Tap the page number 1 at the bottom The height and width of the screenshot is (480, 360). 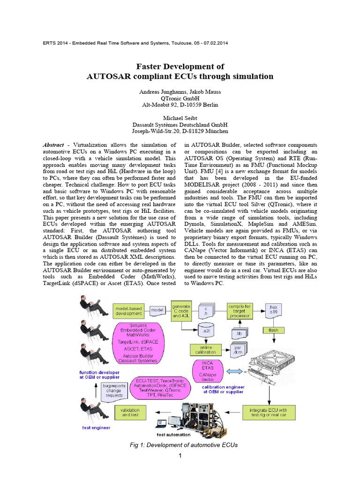tap(180, 456)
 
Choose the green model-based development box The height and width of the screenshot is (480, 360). tap(129, 310)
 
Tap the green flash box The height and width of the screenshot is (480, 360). tap(273, 330)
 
